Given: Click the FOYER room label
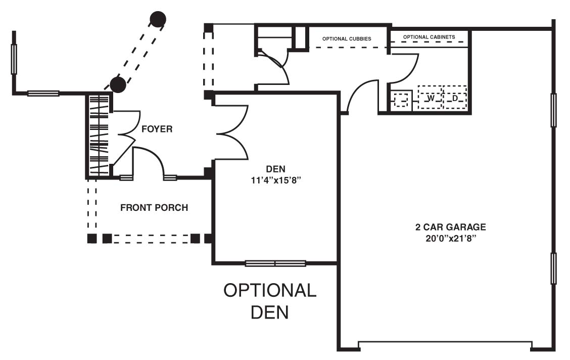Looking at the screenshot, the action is click(157, 129).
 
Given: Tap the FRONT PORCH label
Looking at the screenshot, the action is click(154, 208).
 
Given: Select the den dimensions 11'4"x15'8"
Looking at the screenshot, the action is click(276, 180).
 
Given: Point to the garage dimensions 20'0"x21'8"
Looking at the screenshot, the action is click(451, 239).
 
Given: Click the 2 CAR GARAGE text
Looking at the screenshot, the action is click(451, 227).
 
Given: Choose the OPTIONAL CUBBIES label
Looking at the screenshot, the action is click(347, 38).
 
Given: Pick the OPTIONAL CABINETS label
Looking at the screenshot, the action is click(429, 37).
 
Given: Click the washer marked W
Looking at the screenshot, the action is click(430, 98).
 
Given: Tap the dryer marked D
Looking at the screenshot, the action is click(455, 98).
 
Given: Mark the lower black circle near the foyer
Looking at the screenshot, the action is click(118, 85).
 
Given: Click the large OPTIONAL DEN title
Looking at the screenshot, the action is click(270, 301).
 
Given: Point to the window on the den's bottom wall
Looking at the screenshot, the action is click(275, 263).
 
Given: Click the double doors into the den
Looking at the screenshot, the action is click(231, 133).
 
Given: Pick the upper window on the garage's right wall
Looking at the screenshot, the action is click(553, 110).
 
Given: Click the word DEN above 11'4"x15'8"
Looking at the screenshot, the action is click(276, 169).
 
